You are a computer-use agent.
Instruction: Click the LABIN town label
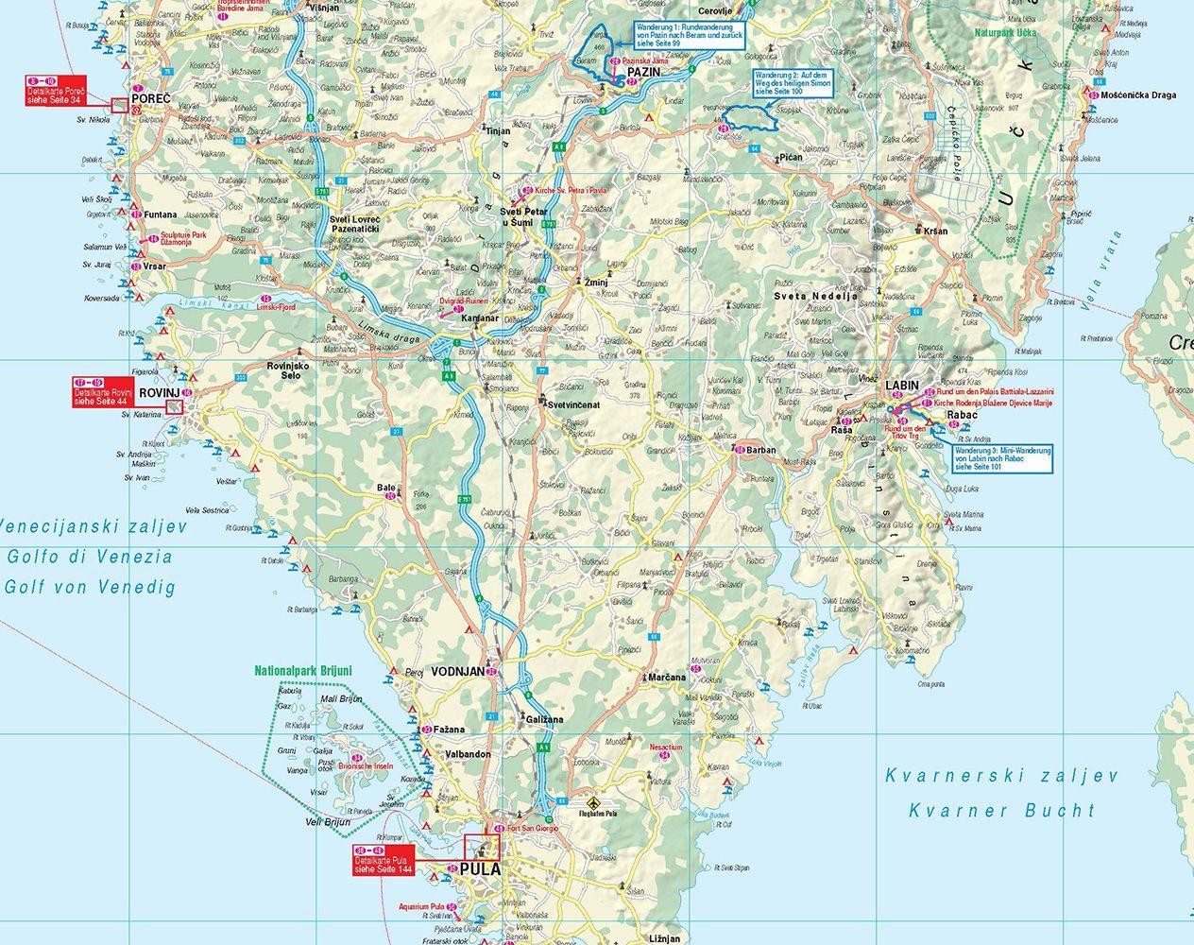pos(903,386)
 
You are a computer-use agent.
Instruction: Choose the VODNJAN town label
pos(456,671)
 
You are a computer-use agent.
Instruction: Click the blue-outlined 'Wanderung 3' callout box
pos(1002,457)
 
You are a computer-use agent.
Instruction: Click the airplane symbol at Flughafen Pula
pos(592,797)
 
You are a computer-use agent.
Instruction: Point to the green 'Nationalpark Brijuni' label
pos(299,673)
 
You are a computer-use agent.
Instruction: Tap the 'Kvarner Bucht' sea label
pos(1001,810)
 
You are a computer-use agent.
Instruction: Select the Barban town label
pos(761,450)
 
